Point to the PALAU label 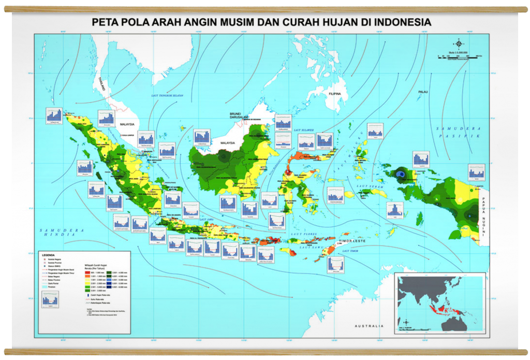423,92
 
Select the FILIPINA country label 333,94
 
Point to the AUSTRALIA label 369,326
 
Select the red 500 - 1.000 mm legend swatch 87,272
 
